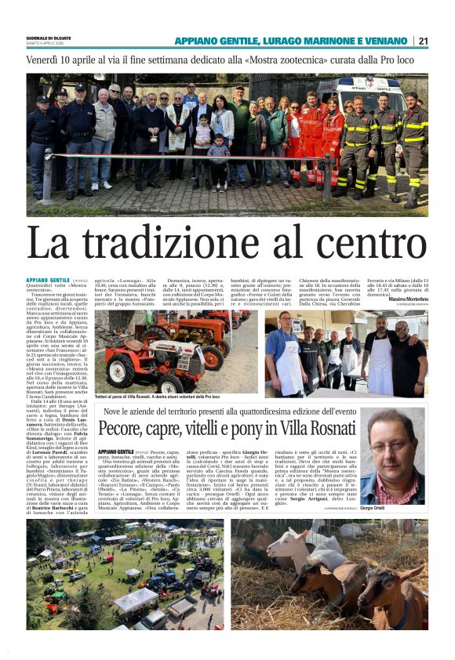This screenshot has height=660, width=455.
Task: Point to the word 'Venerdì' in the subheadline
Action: click(x=45, y=60)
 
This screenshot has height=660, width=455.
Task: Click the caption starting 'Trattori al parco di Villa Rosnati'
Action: click(x=157, y=397)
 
